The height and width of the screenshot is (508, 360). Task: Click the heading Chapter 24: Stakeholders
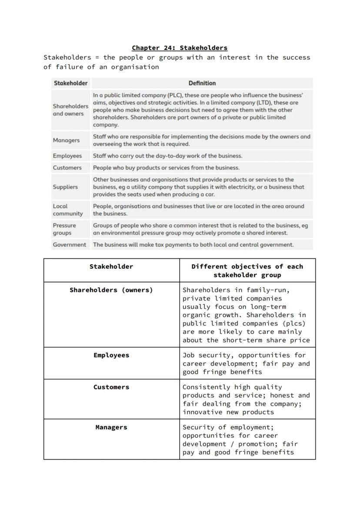click(x=180, y=48)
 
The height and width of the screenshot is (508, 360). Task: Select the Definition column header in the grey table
click(x=202, y=83)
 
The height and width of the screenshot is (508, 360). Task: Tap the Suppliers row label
click(x=65, y=187)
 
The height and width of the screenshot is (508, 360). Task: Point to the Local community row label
click(x=67, y=210)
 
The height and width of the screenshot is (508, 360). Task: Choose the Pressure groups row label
click(x=64, y=229)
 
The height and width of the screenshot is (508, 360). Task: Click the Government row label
click(x=70, y=245)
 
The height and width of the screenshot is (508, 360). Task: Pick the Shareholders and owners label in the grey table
click(x=70, y=110)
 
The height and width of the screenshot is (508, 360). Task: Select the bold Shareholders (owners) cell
click(x=111, y=290)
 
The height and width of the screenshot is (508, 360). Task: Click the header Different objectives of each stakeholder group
click(x=247, y=271)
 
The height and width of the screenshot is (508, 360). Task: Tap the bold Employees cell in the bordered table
click(x=111, y=355)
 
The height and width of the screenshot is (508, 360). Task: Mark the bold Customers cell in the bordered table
click(x=111, y=387)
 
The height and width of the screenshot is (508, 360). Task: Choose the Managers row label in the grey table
click(x=66, y=140)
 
